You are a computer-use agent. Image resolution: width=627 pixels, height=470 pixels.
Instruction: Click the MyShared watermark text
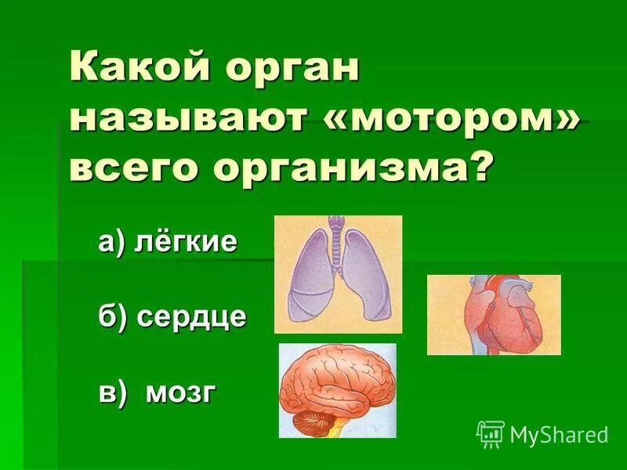[x=559, y=433]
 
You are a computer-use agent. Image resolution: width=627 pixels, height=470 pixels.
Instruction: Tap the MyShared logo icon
[x=491, y=433]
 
